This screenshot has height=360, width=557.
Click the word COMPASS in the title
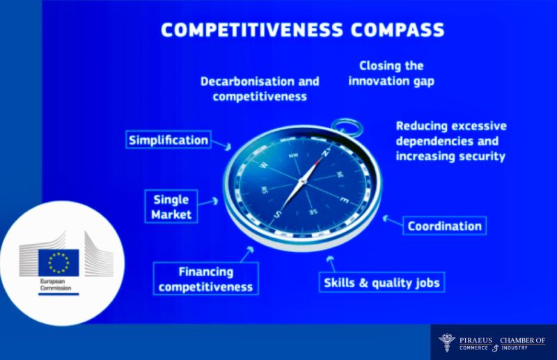point(398,29)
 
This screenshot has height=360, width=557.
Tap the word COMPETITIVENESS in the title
point(252,29)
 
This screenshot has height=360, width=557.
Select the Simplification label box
point(168,140)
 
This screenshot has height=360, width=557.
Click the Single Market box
point(171,207)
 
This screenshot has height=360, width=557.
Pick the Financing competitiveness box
point(205,279)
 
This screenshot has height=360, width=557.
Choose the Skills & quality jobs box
point(382,283)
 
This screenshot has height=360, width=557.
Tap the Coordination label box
point(444,226)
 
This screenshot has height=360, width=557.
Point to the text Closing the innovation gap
point(391,73)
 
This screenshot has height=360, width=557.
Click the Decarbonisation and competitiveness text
point(260,89)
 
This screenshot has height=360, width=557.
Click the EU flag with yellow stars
point(58,263)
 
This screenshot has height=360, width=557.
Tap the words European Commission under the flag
point(56,285)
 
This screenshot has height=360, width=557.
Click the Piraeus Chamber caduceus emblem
point(447,343)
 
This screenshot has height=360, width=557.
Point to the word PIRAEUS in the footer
point(476,340)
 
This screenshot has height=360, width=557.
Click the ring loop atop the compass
point(347,127)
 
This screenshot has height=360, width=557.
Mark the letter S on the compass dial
point(278,214)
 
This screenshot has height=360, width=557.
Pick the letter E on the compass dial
point(344,200)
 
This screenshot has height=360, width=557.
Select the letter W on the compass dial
point(264,165)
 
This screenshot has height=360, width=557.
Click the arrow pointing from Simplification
point(221,144)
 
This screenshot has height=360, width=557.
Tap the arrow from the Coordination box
point(393,220)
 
